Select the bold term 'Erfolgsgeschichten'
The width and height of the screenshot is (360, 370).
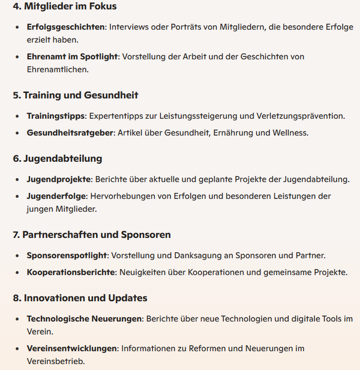tap(65, 28)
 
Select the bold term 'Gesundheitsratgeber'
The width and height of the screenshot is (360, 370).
tap(70, 133)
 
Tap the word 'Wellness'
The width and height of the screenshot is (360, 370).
tap(289, 133)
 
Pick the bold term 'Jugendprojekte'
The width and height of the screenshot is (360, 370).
tap(59, 179)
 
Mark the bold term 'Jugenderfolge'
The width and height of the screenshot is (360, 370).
tap(57, 196)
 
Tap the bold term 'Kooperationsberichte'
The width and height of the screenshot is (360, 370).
tap(71, 272)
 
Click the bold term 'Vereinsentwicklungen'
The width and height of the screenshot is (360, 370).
tap(72, 348)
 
